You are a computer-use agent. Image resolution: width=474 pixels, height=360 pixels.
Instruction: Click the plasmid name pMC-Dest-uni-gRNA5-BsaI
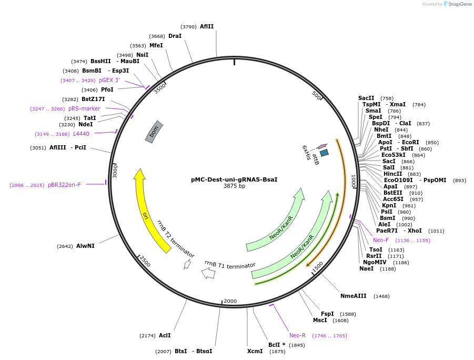pos(234,179)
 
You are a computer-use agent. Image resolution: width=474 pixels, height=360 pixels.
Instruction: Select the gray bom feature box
pos(154,132)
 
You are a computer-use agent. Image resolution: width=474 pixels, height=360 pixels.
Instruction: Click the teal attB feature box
pos(324,153)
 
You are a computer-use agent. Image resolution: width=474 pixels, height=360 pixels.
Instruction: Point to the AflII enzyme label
pos(207,27)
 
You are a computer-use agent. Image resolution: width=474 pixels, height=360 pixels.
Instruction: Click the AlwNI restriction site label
pos(85,246)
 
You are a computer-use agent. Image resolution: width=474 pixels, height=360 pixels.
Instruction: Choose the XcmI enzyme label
pos(255,351)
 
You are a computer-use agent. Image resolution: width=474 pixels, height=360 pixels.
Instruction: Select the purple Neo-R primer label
pos(297,335)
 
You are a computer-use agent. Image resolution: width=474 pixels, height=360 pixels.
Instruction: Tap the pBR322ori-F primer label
pos(64,185)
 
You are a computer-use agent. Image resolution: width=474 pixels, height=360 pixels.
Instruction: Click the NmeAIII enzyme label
pos(353,296)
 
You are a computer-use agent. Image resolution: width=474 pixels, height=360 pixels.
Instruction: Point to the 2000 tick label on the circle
pos(230,302)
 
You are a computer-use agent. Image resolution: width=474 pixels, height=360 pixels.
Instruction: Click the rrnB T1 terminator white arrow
pos(209,273)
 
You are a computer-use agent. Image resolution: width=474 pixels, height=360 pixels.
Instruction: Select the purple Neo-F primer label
pos(381,240)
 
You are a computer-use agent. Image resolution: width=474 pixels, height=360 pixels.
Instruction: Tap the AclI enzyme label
pos(165,335)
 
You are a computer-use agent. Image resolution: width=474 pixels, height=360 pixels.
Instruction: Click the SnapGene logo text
pos(460,4)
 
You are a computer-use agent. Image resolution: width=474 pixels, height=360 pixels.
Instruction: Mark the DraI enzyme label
pos(175,36)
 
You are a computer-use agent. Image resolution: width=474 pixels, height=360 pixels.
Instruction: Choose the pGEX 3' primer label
pos(109,80)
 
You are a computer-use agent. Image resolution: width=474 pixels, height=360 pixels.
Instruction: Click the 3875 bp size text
pos(234,186)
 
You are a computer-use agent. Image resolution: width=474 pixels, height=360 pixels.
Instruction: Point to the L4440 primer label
pos(81,134)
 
